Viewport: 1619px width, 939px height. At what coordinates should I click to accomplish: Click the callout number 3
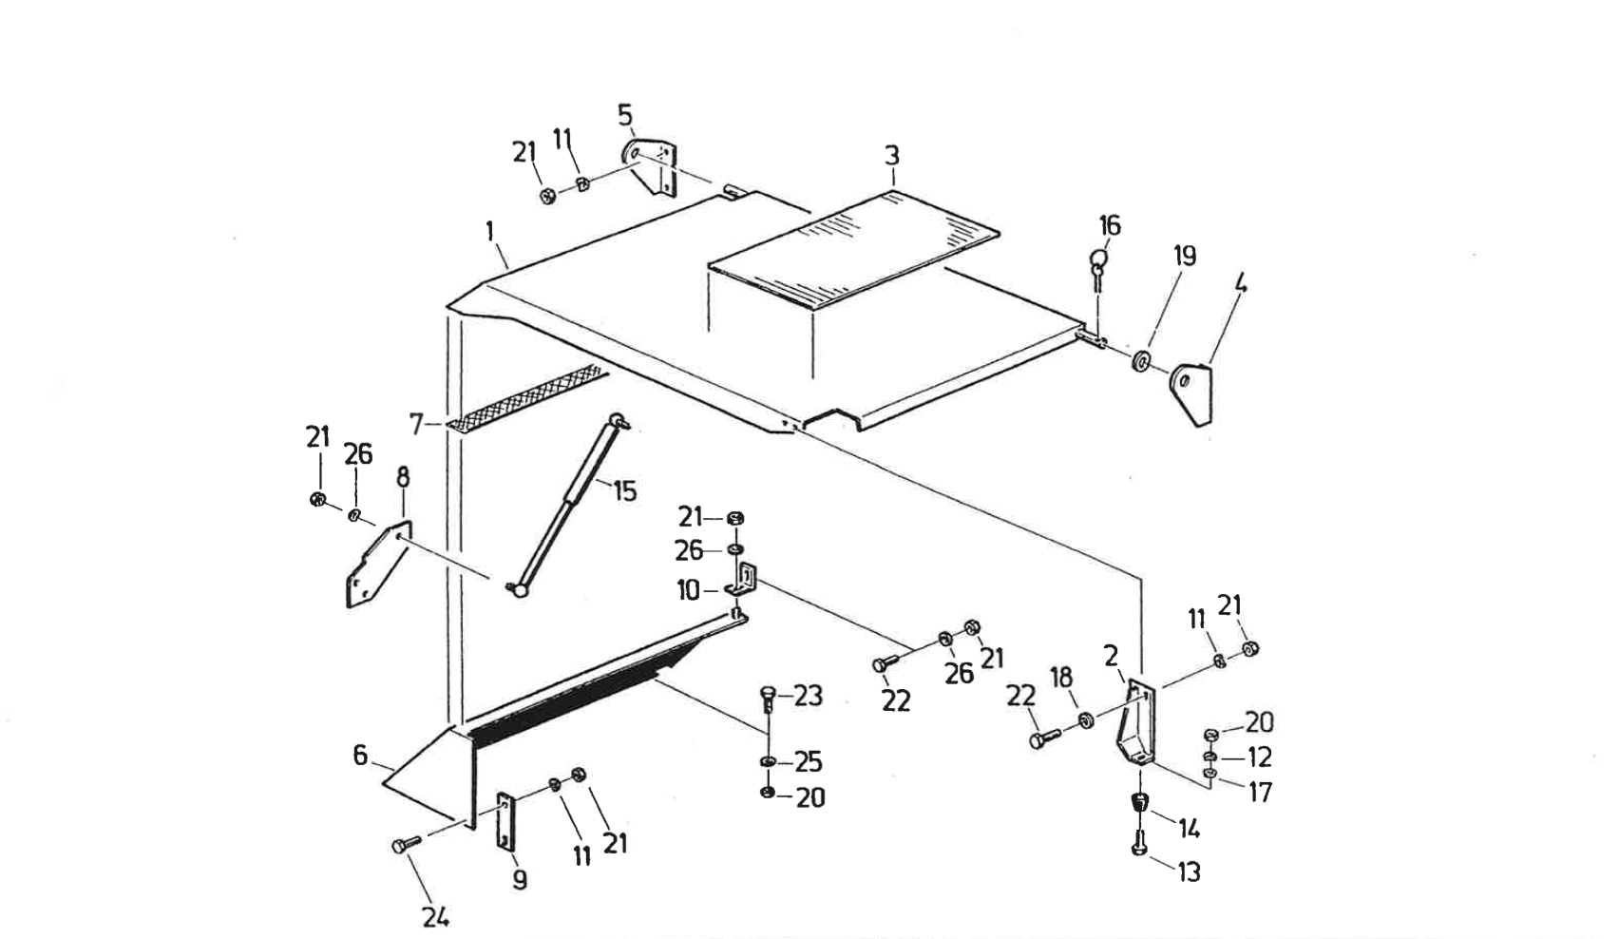(891, 156)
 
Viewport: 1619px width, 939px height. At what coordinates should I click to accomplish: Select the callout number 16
(1110, 225)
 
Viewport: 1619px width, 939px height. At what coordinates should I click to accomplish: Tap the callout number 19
(1184, 256)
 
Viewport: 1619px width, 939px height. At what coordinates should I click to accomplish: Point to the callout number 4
(1240, 283)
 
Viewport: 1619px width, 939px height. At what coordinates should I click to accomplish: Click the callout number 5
(624, 115)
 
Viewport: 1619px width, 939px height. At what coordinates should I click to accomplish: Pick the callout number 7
(415, 424)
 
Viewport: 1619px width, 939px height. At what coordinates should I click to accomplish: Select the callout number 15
(624, 491)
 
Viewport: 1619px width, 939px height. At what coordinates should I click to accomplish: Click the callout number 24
(436, 917)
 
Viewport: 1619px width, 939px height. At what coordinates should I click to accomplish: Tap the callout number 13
(1189, 872)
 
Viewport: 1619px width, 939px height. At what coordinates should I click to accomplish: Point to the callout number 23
(808, 697)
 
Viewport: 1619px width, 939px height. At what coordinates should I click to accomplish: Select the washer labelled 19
(1140, 361)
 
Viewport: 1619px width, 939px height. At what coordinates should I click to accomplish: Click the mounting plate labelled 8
(378, 567)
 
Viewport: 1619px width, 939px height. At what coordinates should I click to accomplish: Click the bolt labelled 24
(401, 846)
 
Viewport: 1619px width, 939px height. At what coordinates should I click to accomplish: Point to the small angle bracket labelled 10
(744, 582)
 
